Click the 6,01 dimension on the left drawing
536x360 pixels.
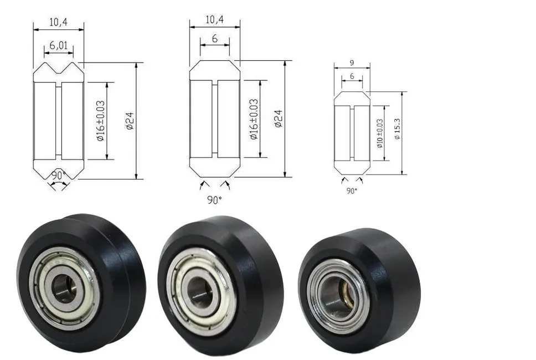59,45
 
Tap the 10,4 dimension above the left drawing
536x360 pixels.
59,23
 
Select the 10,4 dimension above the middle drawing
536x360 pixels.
215,19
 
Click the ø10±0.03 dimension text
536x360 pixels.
380,133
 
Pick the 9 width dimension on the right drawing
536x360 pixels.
352,63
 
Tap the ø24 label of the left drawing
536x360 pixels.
130,121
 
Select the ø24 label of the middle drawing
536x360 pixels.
279,119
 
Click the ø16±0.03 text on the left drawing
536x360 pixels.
100,121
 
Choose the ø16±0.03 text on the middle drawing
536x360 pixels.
254,119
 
